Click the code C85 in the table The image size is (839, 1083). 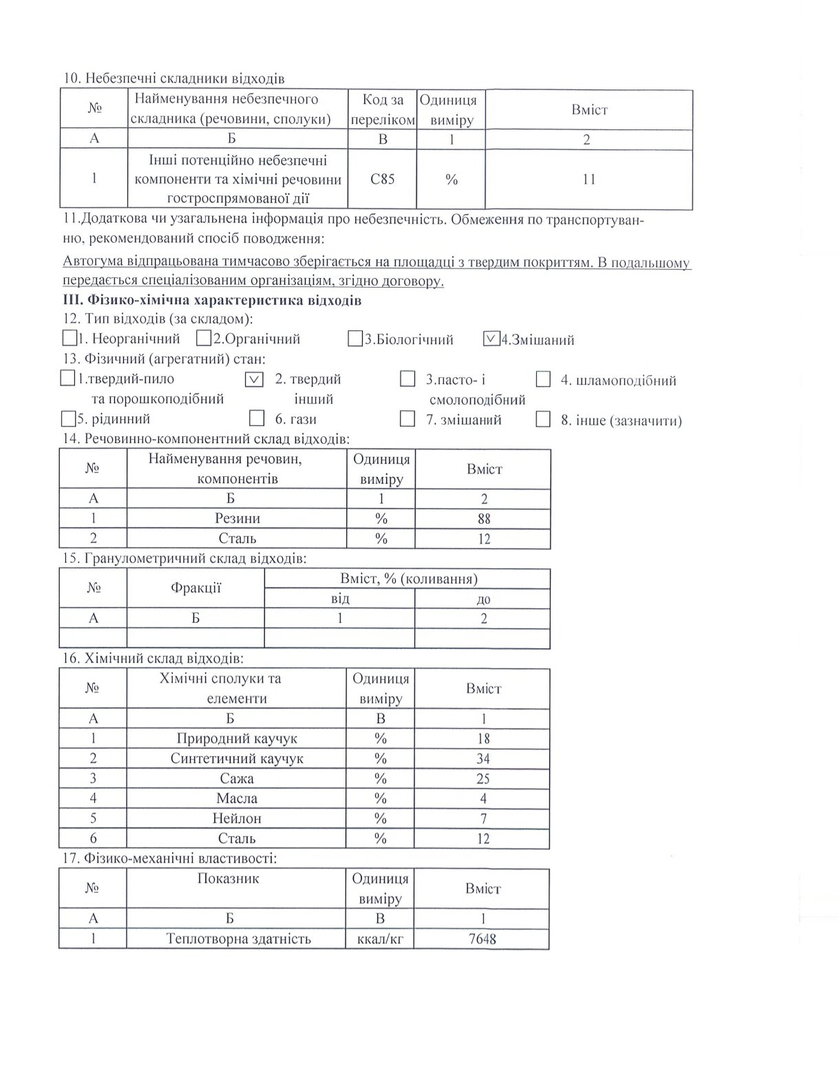click(x=382, y=180)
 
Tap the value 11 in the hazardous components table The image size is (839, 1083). click(x=588, y=180)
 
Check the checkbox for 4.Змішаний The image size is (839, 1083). click(x=491, y=339)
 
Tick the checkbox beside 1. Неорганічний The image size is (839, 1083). click(x=69, y=339)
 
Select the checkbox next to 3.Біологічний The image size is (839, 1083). click(x=355, y=339)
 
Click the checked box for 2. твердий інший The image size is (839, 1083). click(x=254, y=379)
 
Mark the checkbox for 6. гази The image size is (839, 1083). click(x=257, y=418)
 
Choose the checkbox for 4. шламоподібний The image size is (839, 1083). click(x=543, y=379)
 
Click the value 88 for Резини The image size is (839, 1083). click(x=484, y=519)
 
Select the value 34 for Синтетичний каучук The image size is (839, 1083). click(x=483, y=758)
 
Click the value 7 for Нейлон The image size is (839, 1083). click(x=483, y=818)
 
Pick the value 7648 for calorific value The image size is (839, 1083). click(x=482, y=939)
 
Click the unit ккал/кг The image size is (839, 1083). click(x=381, y=939)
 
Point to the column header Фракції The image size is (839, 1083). click(x=195, y=588)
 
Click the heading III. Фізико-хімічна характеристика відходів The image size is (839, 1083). click(x=211, y=301)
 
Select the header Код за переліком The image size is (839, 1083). click(x=383, y=109)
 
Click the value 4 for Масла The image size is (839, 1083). click(x=483, y=798)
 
